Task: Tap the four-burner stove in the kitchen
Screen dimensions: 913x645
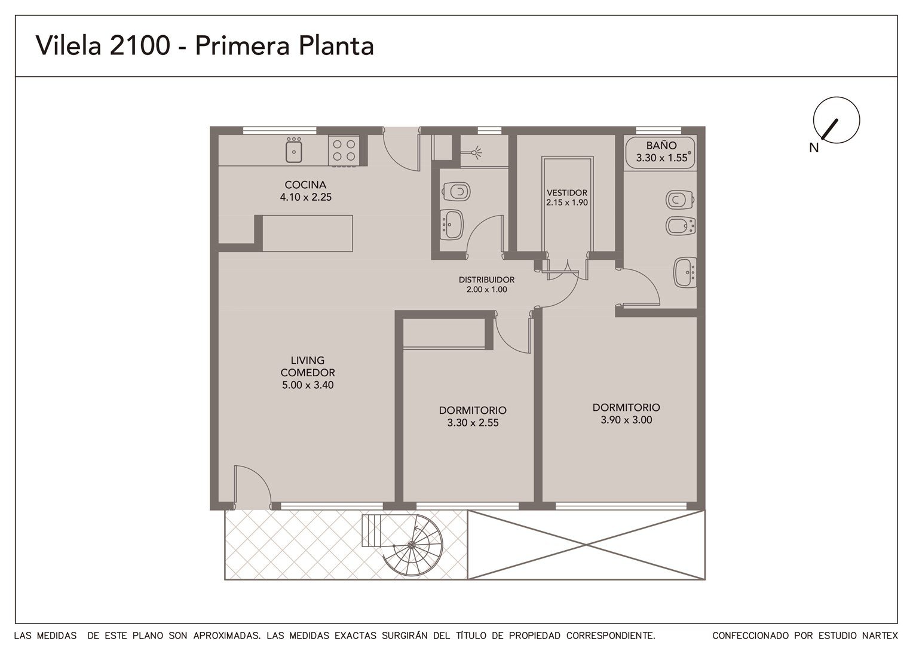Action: [344, 150]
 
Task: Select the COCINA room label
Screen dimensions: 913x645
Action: [305, 185]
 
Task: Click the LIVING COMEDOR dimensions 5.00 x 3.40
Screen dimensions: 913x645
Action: [308, 385]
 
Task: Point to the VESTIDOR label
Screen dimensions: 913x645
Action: [567, 193]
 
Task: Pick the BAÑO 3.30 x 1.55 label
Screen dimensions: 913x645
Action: [661, 152]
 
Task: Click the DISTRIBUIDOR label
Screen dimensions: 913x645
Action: [486, 280]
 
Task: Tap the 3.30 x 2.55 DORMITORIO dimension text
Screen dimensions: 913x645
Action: [473, 422]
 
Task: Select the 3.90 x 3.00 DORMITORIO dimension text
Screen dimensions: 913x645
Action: [626, 420]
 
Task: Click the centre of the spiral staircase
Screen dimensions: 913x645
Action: [411, 545]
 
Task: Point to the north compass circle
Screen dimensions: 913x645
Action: [837, 120]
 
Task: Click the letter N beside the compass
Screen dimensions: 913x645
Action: [814, 148]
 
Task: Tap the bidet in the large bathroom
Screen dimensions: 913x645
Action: [680, 226]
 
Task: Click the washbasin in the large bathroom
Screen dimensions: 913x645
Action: [685, 272]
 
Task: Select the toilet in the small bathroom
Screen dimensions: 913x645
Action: [456, 192]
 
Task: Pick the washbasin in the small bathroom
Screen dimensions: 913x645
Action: [452, 224]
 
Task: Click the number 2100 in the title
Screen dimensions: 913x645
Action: [139, 45]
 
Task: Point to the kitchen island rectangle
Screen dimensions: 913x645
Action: [307, 234]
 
